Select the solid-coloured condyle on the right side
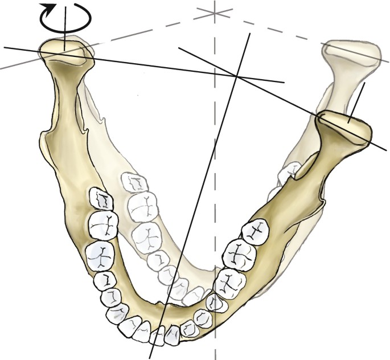(x=344, y=128)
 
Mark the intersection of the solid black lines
(x=237, y=76)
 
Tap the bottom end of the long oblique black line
(x=150, y=357)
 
